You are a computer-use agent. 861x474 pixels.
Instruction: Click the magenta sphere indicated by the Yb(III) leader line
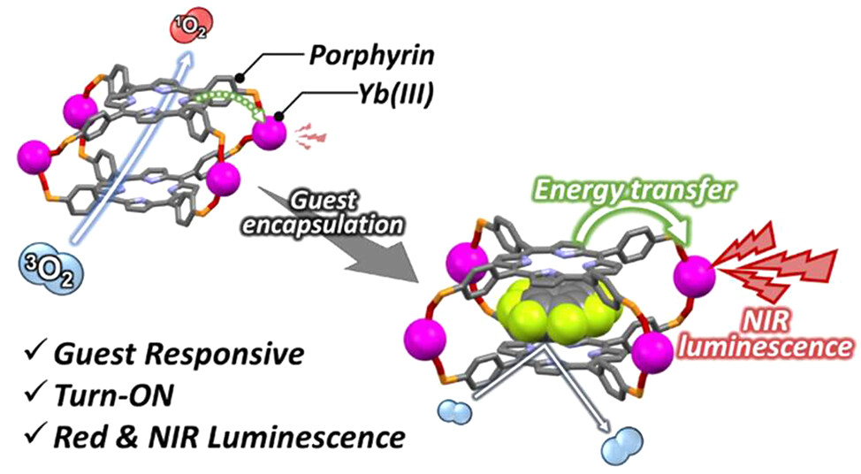pyautogui.click(x=269, y=135)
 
